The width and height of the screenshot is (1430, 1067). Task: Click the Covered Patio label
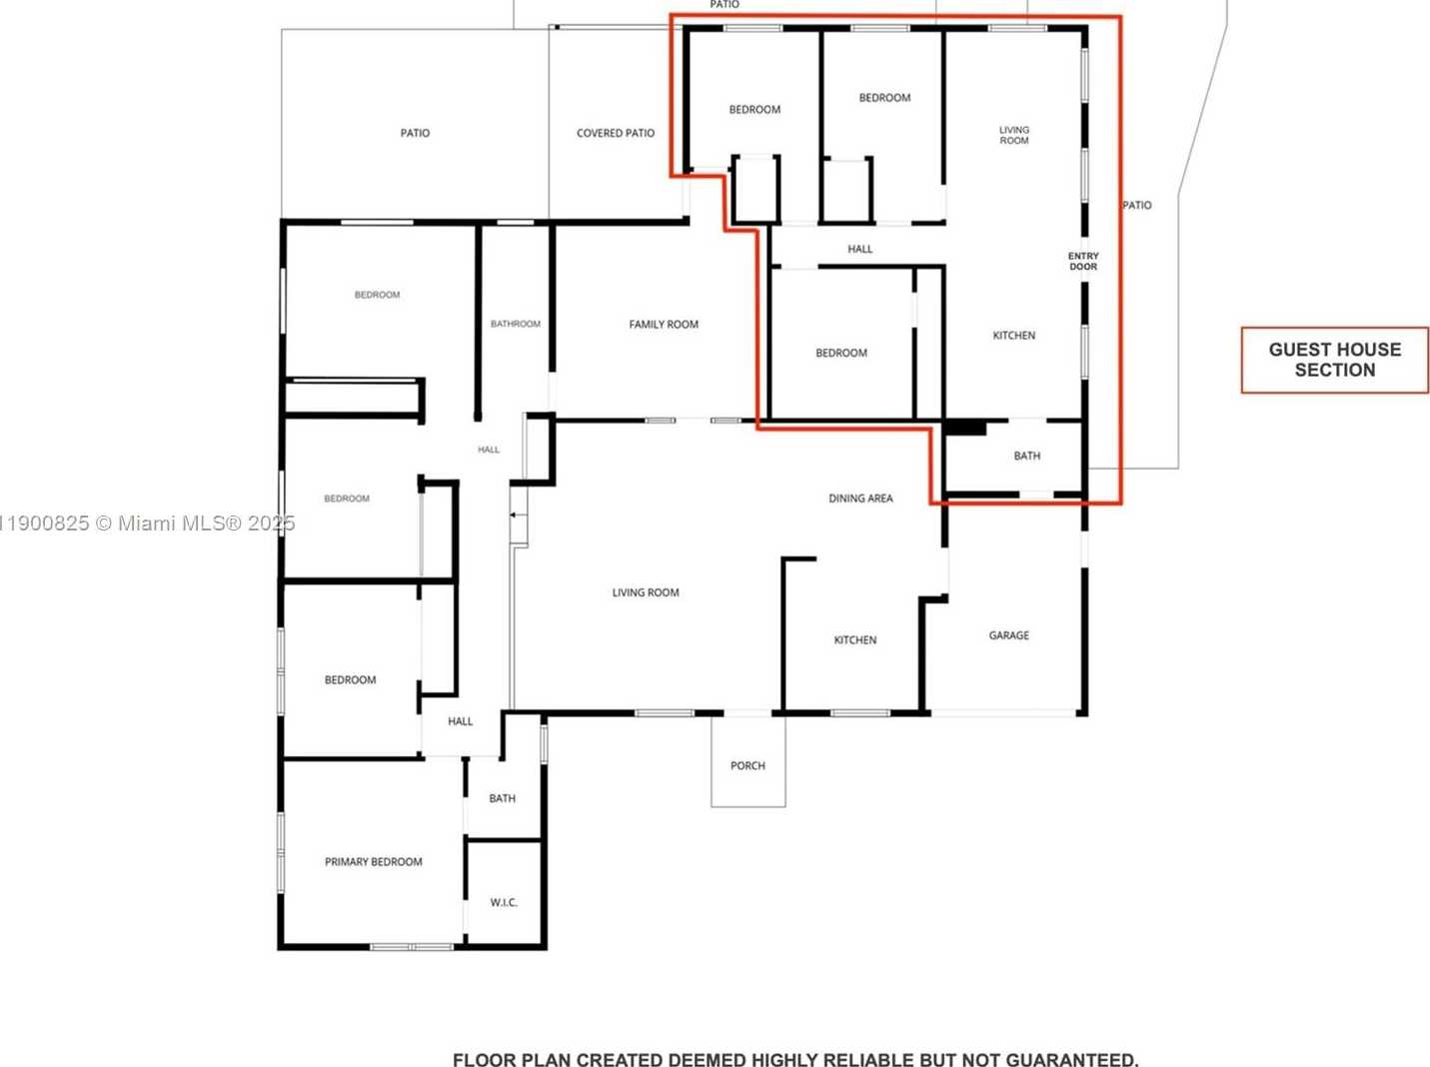[x=616, y=133]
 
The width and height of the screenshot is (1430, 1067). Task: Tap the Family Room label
[x=664, y=325]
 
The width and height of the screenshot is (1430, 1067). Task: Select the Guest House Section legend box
[x=1334, y=360]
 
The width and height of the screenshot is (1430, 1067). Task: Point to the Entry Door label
[x=1083, y=262]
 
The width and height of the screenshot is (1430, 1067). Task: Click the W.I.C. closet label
[x=504, y=903]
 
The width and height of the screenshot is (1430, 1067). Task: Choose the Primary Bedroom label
[x=373, y=862]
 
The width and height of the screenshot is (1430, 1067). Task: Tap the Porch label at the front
[x=747, y=766]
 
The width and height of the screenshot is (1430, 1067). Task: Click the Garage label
[x=1008, y=635]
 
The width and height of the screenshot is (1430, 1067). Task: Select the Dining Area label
[x=860, y=499]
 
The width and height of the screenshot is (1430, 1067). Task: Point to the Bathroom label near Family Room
[x=515, y=325]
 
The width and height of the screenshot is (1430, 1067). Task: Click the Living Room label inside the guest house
[x=1013, y=136]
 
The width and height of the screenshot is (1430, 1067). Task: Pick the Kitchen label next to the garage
[x=855, y=640]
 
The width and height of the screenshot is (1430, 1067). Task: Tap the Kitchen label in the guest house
[x=1013, y=336]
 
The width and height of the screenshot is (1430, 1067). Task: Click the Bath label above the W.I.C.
[x=502, y=799]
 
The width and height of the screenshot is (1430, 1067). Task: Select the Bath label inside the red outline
[x=1026, y=457]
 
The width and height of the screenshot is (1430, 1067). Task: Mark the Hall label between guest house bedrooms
[x=859, y=250]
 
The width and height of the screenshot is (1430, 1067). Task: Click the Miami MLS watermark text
[x=150, y=524]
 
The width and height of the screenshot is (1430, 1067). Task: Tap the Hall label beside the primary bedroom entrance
[x=460, y=721]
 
